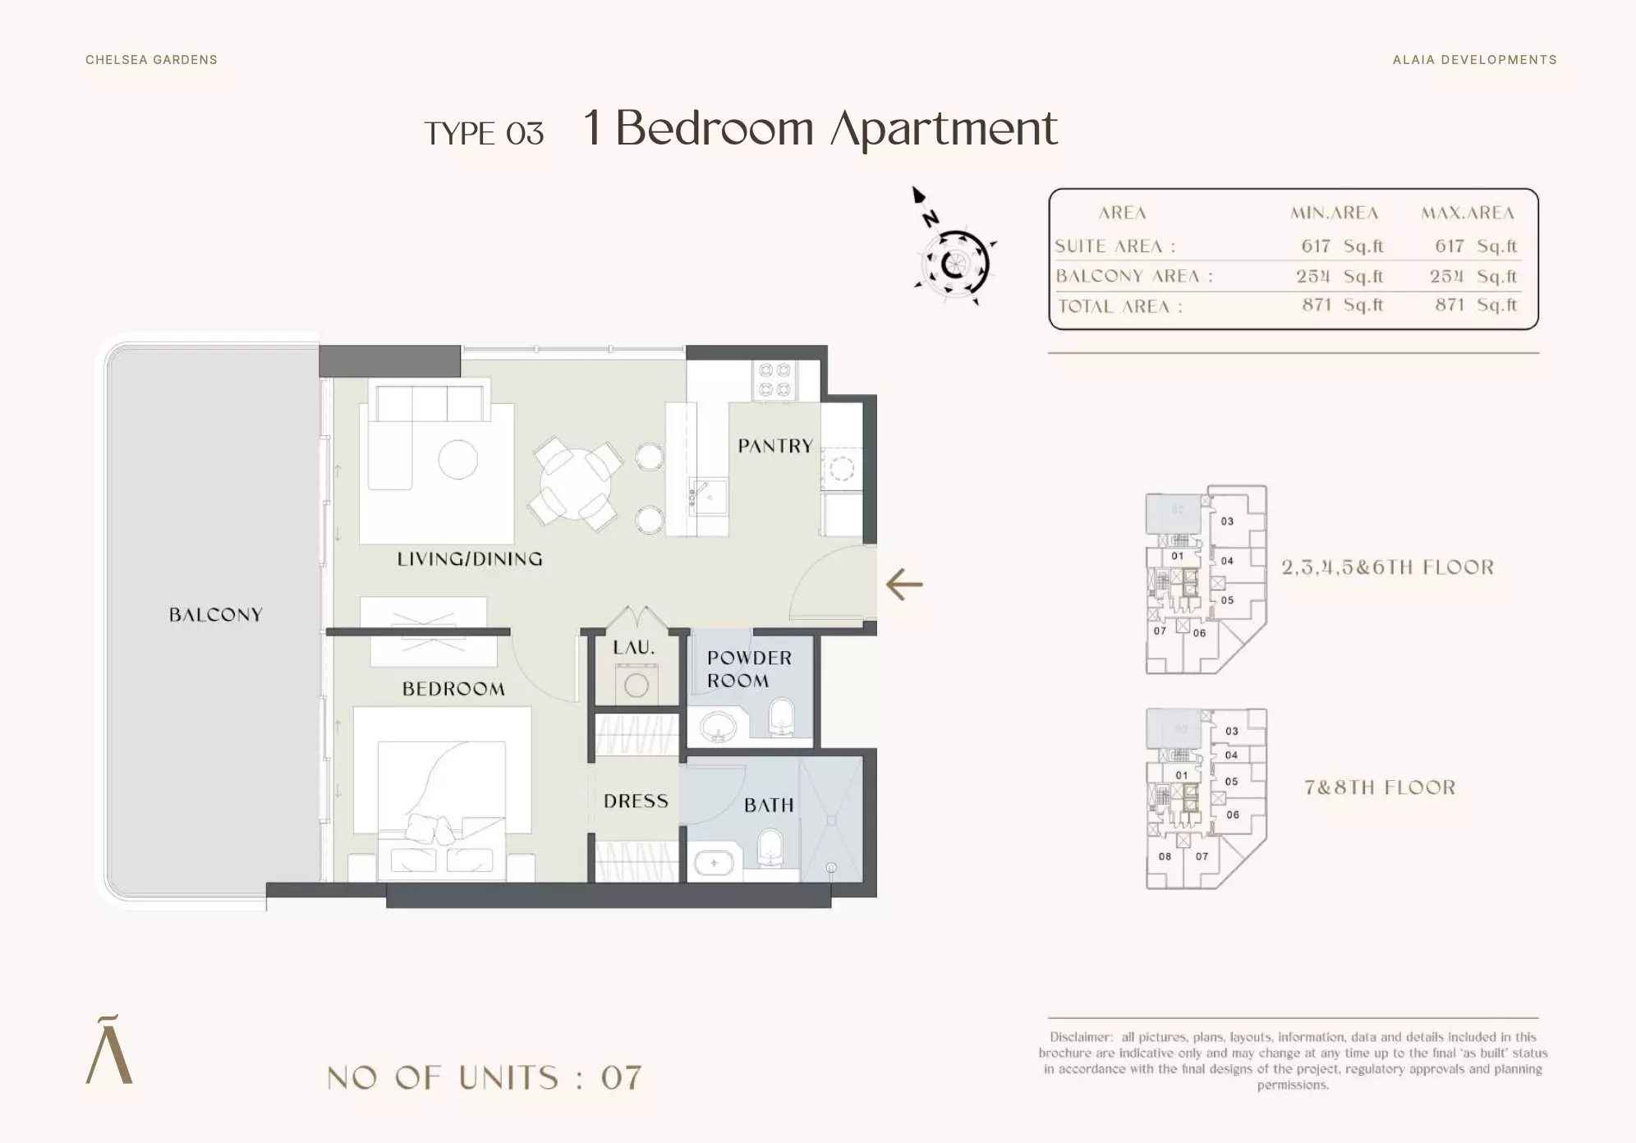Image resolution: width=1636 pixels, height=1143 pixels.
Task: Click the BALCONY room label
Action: pos(215,614)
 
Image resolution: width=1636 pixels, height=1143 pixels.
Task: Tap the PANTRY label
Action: pos(775,446)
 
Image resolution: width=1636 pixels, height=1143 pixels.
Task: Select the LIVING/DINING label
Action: pos(470,559)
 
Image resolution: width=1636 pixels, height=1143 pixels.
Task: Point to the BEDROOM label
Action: pos(453,689)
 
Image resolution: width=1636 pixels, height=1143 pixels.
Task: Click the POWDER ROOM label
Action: pos(749,669)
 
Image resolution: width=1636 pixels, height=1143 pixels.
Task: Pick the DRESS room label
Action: pos(636,801)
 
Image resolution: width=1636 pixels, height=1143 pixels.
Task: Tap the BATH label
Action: pos(769,806)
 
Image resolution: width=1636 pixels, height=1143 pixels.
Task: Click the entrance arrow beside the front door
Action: pos(904,585)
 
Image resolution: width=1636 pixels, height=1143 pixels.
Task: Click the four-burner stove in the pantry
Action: pos(774,380)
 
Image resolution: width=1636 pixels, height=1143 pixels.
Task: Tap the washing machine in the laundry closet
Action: pos(636,684)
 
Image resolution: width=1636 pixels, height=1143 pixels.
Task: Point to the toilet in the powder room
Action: pos(781,715)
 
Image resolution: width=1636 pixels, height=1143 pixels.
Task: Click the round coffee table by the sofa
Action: pos(458,459)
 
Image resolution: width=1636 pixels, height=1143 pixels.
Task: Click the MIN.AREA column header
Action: pos(1334,213)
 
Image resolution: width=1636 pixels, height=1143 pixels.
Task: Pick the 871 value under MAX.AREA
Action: pos(1450,305)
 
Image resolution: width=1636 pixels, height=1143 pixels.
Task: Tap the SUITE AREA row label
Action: pos(1114,246)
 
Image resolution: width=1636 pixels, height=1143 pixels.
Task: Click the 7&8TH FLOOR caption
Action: pos(1380,787)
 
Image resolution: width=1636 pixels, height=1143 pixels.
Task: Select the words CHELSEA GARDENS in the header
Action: pos(151,60)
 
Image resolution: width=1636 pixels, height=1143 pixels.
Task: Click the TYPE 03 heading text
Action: pos(484,134)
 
